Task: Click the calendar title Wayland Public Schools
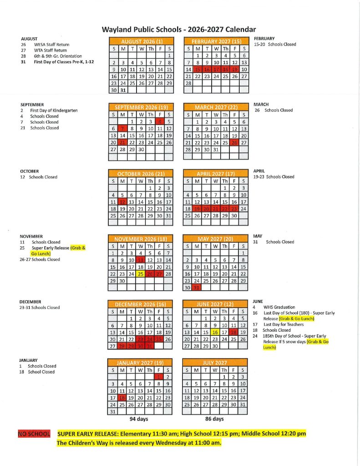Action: pos(179,30)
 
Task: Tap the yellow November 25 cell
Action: pos(141,274)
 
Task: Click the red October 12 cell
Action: pos(122,202)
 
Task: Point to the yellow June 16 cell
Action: pos(215,332)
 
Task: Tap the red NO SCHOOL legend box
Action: pos(34,434)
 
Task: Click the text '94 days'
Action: pos(139,419)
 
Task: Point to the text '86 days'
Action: pos(214,419)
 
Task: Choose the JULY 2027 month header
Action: pos(215,363)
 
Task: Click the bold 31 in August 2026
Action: pos(122,90)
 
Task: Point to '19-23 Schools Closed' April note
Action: pos(274,177)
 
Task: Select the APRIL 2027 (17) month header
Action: pos(215,173)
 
